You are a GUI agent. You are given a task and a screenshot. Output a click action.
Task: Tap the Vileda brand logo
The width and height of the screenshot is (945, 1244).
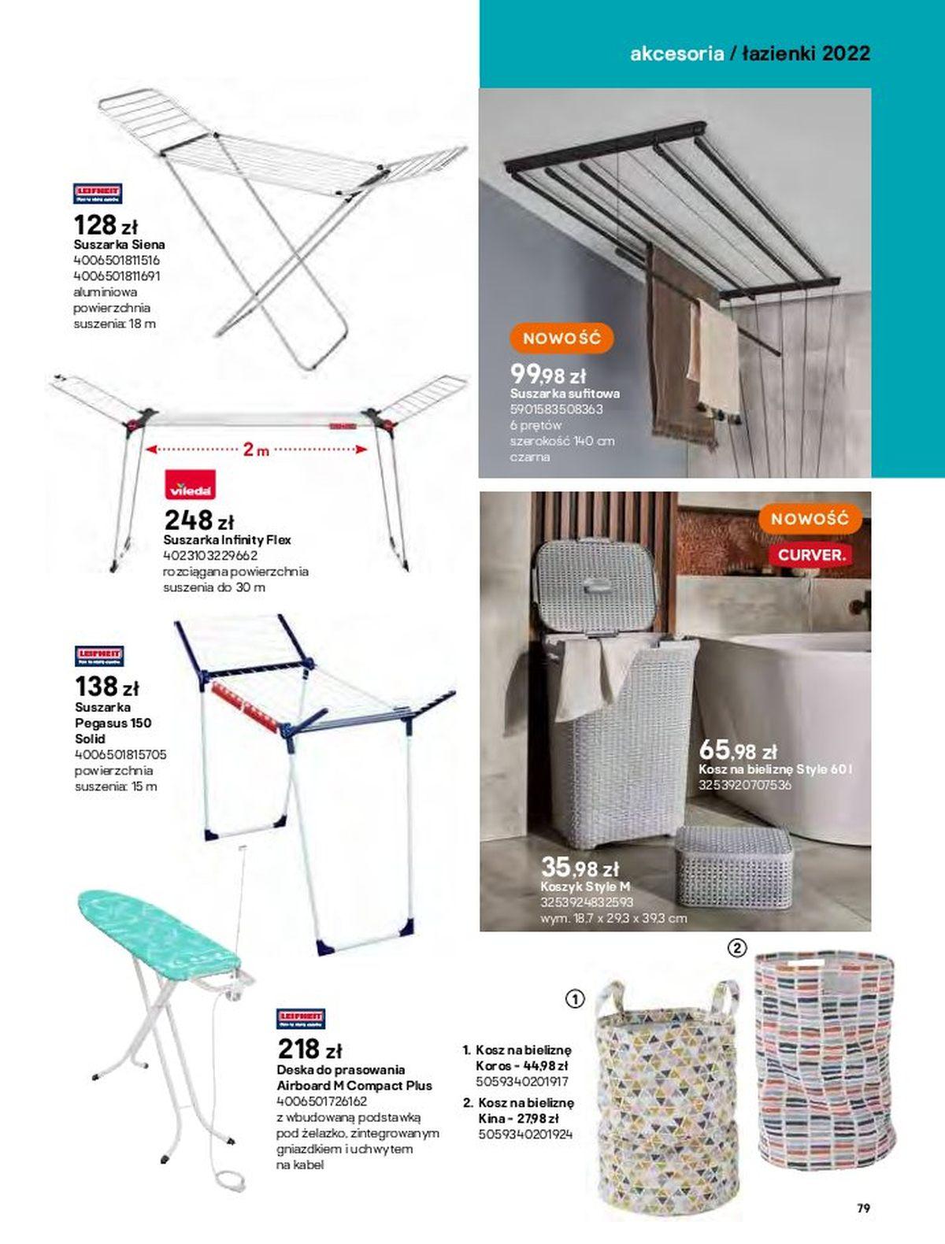190,487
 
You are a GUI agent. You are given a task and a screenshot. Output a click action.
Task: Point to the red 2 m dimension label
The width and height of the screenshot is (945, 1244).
255,450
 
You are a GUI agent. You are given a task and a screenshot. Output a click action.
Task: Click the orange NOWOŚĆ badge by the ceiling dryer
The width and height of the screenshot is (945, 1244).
561,339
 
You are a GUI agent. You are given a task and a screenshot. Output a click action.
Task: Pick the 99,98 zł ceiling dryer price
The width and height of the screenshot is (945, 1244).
548,373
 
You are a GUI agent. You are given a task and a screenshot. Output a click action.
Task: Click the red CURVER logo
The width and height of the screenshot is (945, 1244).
810,554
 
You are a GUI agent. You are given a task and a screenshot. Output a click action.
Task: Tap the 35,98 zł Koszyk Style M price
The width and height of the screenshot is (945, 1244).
580,868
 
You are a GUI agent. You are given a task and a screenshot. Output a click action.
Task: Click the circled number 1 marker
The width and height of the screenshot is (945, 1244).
576,999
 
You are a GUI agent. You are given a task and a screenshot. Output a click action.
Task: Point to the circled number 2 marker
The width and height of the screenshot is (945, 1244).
736,949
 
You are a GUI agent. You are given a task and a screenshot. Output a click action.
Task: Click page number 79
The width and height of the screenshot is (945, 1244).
863,1208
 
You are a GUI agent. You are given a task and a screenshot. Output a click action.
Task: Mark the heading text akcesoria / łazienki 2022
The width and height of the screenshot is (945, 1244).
750,54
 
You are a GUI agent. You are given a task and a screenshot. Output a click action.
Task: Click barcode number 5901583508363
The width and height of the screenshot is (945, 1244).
556,409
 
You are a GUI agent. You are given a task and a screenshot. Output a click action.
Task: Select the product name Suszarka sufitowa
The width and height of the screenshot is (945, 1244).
565,393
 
